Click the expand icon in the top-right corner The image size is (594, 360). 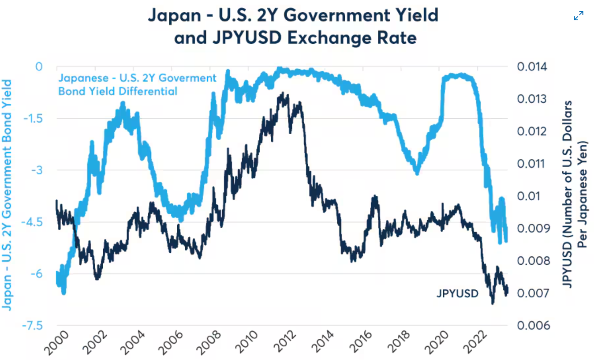[579, 16]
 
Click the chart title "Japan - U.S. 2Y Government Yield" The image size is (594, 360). [293, 16]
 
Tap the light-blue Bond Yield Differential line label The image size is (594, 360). [138, 85]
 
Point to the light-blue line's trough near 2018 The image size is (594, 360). [417, 172]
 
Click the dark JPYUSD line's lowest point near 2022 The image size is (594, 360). [493, 303]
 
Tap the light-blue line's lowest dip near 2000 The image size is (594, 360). [64, 292]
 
